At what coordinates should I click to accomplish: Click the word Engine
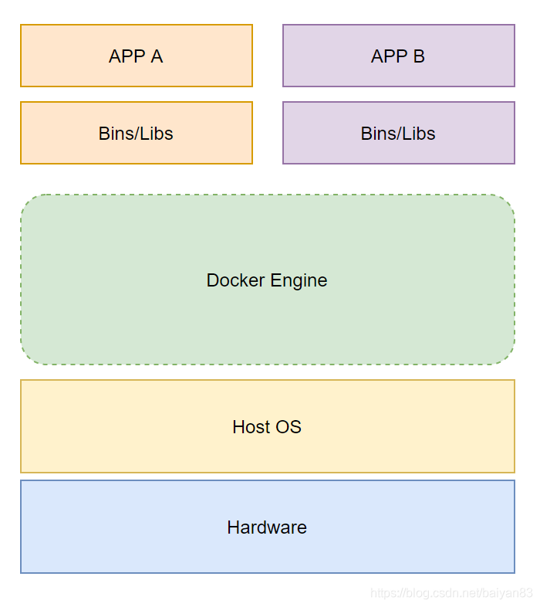(298, 280)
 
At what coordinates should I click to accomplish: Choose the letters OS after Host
(289, 427)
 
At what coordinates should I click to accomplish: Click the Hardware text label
(267, 527)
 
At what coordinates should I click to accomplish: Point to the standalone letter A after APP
(157, 56)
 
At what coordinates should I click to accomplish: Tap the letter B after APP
(419, 56)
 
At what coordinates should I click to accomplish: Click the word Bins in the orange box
(116, 134)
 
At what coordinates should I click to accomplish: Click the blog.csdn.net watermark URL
(451, 593)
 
